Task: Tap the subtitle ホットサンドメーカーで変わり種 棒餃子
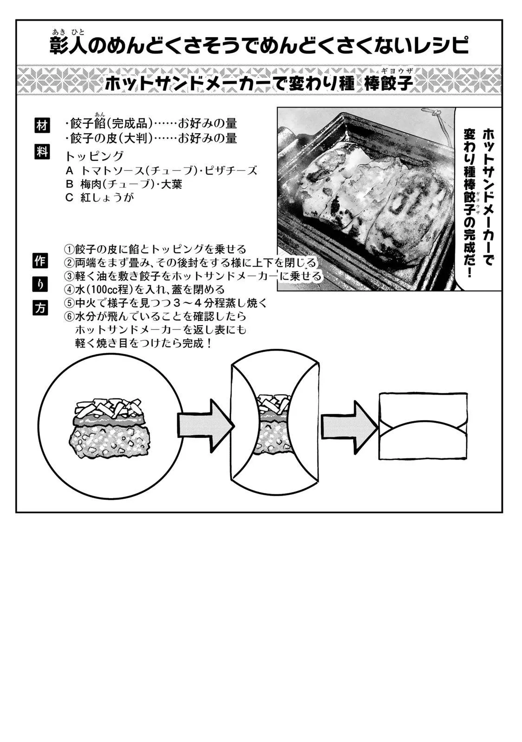259,83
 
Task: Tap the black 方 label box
40,308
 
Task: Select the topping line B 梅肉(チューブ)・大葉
124,184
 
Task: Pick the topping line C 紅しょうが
100,198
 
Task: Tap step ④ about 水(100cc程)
144,290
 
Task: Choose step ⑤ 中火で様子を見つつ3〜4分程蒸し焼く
166,303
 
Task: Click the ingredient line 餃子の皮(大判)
151,138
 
